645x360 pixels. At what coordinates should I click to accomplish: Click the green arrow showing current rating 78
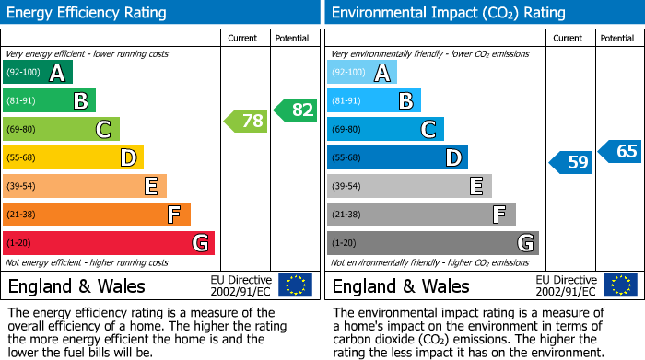pos(246,121)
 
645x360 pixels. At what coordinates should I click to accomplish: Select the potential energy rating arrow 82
pos(295,110)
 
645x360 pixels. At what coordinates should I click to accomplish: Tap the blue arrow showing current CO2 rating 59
pos(571,163)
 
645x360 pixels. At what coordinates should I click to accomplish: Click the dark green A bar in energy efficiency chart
pos(38,73)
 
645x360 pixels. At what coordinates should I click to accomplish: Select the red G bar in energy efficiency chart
pos(109,243)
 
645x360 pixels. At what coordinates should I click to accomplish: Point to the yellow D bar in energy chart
pos(73,157)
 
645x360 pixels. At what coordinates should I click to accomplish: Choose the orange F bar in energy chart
pos(97,215)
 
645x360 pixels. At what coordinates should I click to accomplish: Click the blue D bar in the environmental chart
pos(397,157)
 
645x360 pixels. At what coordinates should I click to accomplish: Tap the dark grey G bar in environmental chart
pos(432,243)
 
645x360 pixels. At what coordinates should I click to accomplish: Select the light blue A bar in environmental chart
pos(362,73)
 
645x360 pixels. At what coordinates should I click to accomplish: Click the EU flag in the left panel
pos(295,285)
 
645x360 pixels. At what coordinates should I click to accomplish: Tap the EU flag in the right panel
pos(619,285)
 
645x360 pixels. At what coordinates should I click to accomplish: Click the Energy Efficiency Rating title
pos(88,13)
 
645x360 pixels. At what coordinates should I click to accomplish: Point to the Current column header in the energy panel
pos(243,38)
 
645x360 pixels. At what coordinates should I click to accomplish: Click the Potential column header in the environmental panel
pos(616,38)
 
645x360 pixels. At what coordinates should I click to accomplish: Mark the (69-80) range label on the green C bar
pos(22,129)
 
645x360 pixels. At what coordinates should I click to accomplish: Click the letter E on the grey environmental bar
pos(475,186)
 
